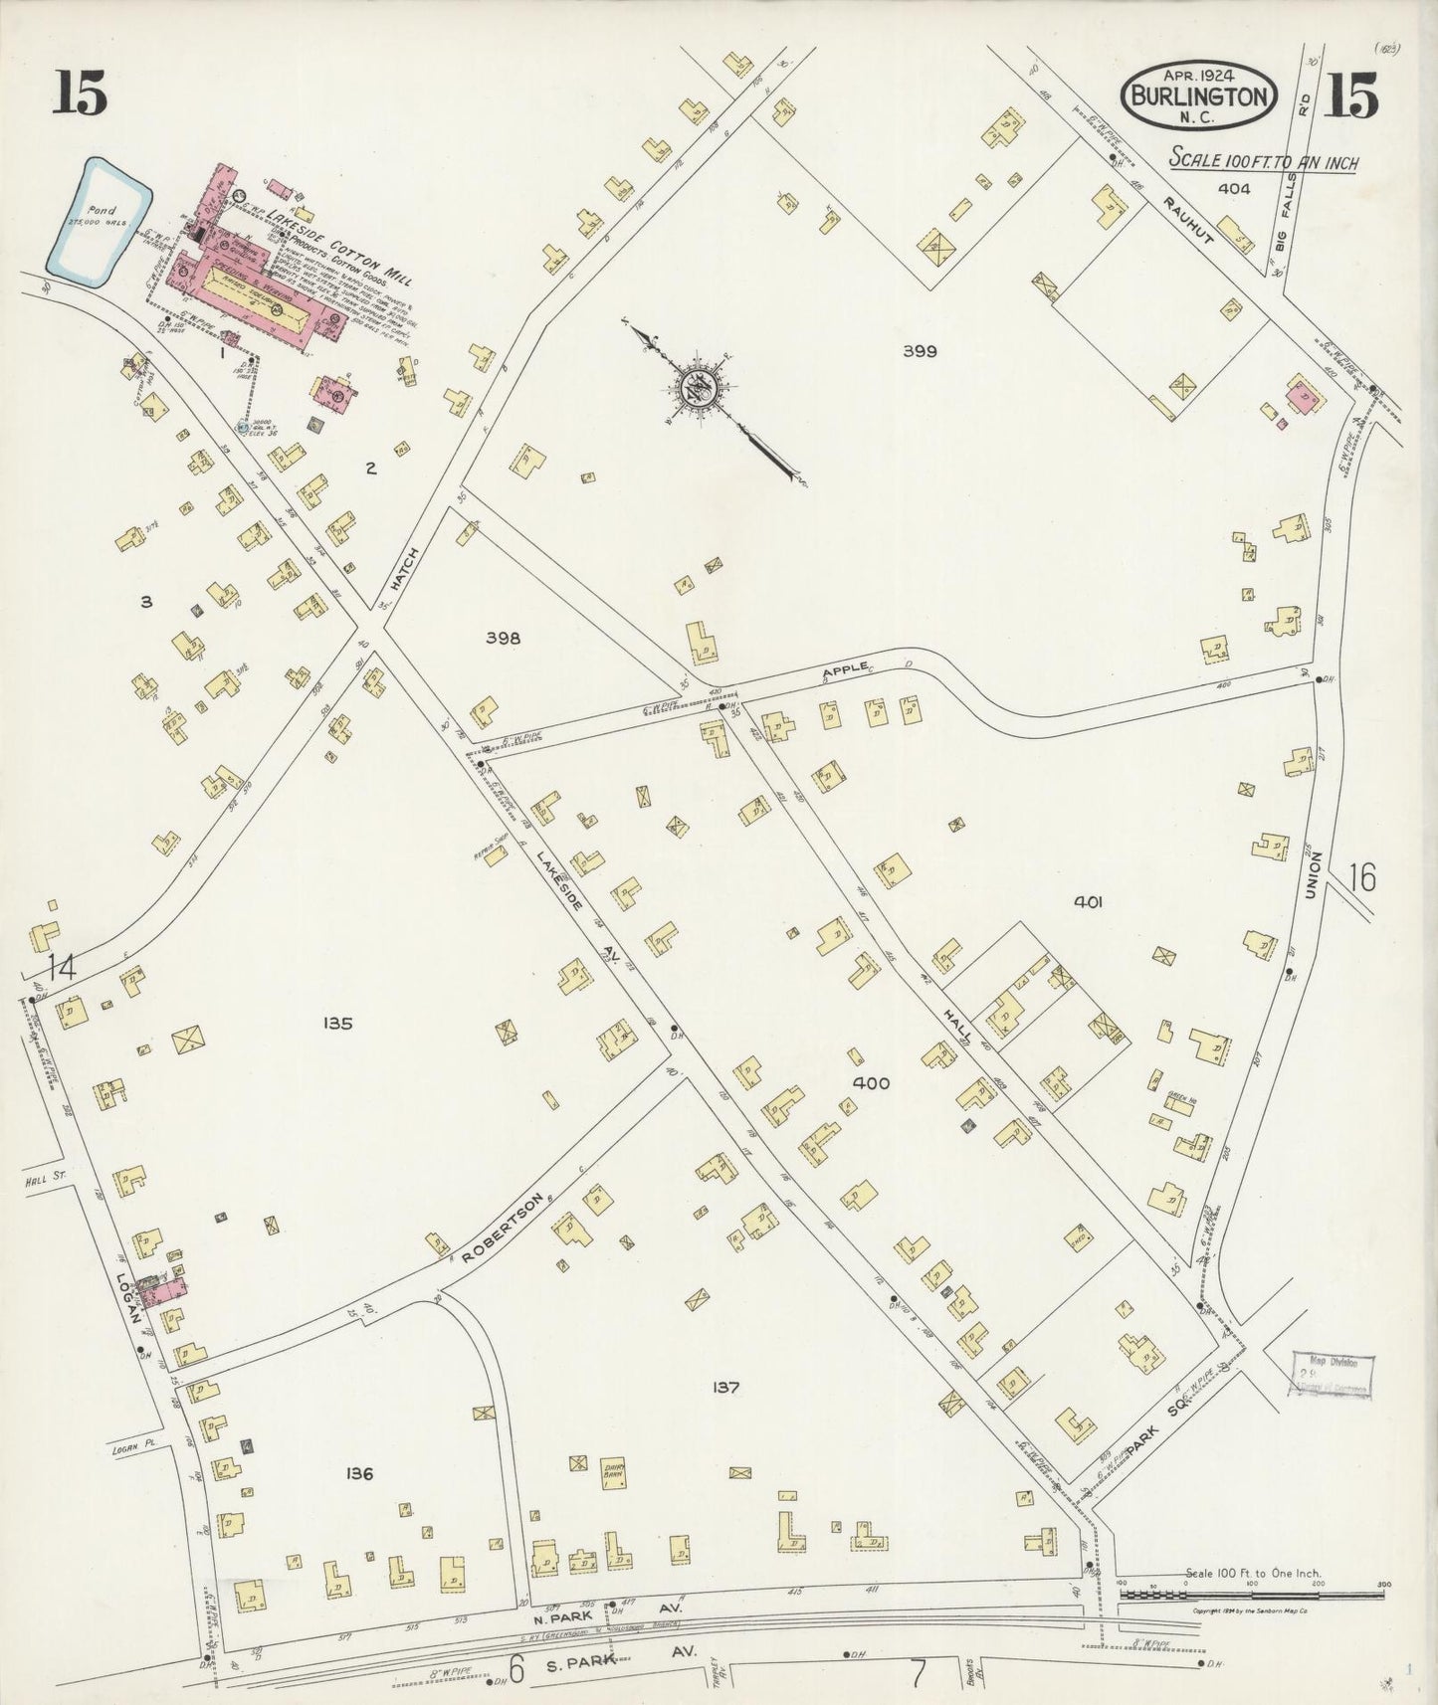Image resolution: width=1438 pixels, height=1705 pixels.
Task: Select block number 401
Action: (x=1089, y=902)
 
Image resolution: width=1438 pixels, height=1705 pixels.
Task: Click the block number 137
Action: (x=725, y=1388)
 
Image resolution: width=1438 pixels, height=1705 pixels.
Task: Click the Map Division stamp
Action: (x=1331, y=1377)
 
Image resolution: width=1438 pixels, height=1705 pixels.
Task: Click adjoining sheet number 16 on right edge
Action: (x=1362, y=877)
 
